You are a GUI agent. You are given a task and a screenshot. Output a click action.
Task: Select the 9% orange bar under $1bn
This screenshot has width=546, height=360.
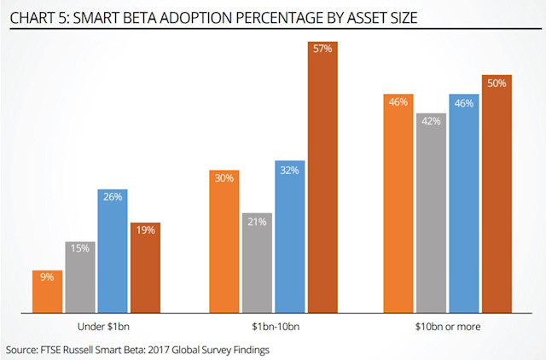click(48, 290)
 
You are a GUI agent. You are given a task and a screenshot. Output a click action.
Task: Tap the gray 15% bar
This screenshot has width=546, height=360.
click(79, 276)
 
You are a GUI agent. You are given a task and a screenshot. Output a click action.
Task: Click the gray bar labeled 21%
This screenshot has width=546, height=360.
click(257, 263)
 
